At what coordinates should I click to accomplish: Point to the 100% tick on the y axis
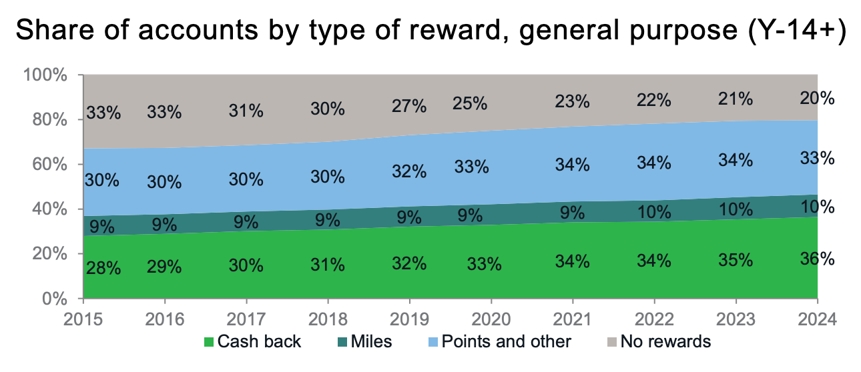point(45,75)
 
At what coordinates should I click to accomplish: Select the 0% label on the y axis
point(53,299)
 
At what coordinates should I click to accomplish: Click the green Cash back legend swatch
point(209,343)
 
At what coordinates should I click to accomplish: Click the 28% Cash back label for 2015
point(103,269)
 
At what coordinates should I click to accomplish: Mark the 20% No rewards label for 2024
point(818,98)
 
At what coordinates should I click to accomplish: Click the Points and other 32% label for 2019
point(409,171)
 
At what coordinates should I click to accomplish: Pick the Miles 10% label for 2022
point(653,213)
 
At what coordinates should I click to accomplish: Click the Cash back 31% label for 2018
point(328,264)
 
